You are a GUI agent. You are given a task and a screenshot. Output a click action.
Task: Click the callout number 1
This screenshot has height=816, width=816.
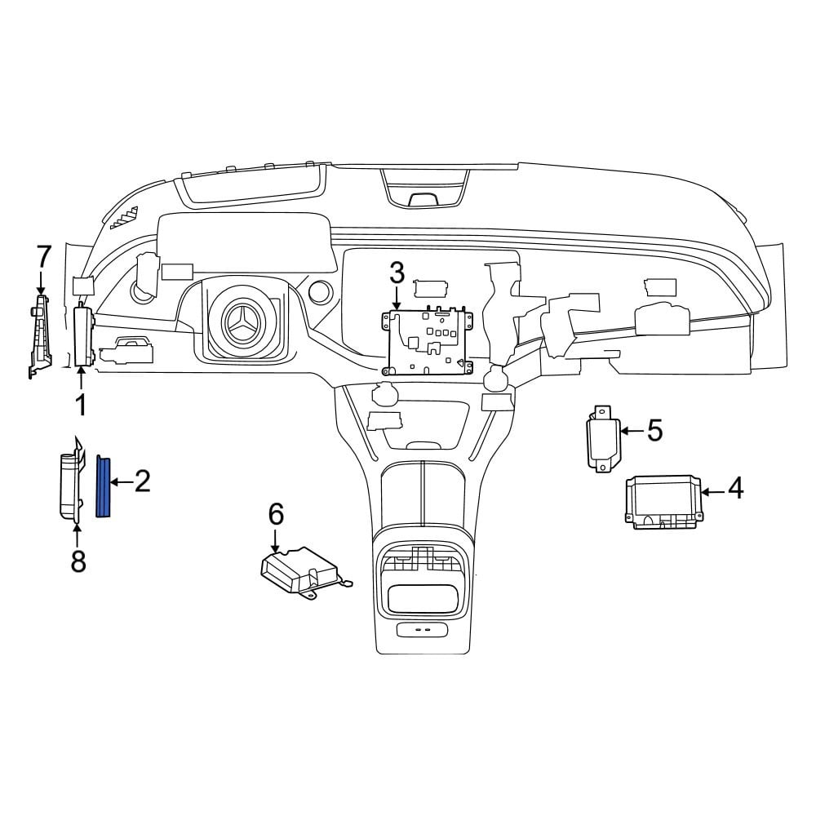click(x=81, y=406)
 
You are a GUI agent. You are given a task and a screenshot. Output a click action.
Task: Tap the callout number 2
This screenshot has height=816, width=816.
click(x=142, y=481)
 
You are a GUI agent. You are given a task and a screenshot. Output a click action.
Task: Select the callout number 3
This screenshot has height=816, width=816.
click(x=397, y=273)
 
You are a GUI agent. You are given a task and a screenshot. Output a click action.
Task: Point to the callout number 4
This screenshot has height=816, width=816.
click(x=735, y=489)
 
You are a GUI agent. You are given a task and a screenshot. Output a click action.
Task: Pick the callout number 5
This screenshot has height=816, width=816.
click(x=654, y=431)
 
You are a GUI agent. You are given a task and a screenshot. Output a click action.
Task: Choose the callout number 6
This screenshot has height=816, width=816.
click(x=276, y=514)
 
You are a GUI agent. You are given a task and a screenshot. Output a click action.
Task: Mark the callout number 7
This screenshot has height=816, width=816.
click(x=43, y=257)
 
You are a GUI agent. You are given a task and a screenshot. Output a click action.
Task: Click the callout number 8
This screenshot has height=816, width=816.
click(x=78, y=561)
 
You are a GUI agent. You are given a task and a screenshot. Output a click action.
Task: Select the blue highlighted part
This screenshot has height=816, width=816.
click(x=104, y=486)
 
